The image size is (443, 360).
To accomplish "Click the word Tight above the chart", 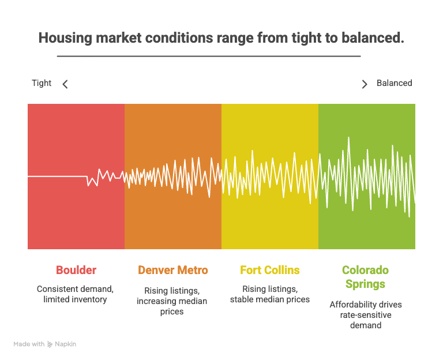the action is pos(42,83).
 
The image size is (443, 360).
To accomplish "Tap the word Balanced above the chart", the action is pos(394,83).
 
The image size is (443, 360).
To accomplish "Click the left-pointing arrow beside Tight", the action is pos(65,84).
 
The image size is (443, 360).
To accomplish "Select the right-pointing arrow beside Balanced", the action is pos(365,84).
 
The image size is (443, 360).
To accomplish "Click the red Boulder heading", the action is pos(76,270).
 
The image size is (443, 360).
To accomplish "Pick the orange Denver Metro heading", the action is pos(173,270).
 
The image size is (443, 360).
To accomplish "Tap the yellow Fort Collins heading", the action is pos(270,270).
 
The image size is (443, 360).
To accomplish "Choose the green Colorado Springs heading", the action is pos(365,277).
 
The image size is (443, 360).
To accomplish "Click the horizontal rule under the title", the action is pos(209,56).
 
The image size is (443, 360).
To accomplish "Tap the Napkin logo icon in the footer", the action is pos(50,344).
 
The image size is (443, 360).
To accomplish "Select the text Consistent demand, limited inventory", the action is pos(75,294).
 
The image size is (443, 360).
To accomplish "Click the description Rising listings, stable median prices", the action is pos(270,294).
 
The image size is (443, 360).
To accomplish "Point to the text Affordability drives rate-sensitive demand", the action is pos(366,315).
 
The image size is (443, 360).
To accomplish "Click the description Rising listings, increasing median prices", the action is pos(172,301).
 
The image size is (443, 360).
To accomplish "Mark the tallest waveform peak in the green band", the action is pos(348,138).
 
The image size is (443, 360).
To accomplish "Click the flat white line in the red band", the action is pos(57,177).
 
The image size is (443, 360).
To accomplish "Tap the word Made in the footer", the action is pos(20,344).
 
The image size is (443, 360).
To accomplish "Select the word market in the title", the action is pos(119,38).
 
